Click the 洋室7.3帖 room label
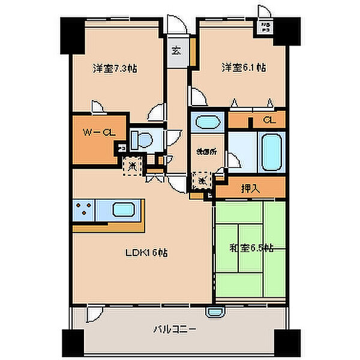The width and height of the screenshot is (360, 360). click(x=114, y=68)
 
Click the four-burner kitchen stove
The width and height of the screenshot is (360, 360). click(x=84, y=211)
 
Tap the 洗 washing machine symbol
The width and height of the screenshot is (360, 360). click(x=203, y=179)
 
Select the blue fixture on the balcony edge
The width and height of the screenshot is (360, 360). click(x=215, y=311)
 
